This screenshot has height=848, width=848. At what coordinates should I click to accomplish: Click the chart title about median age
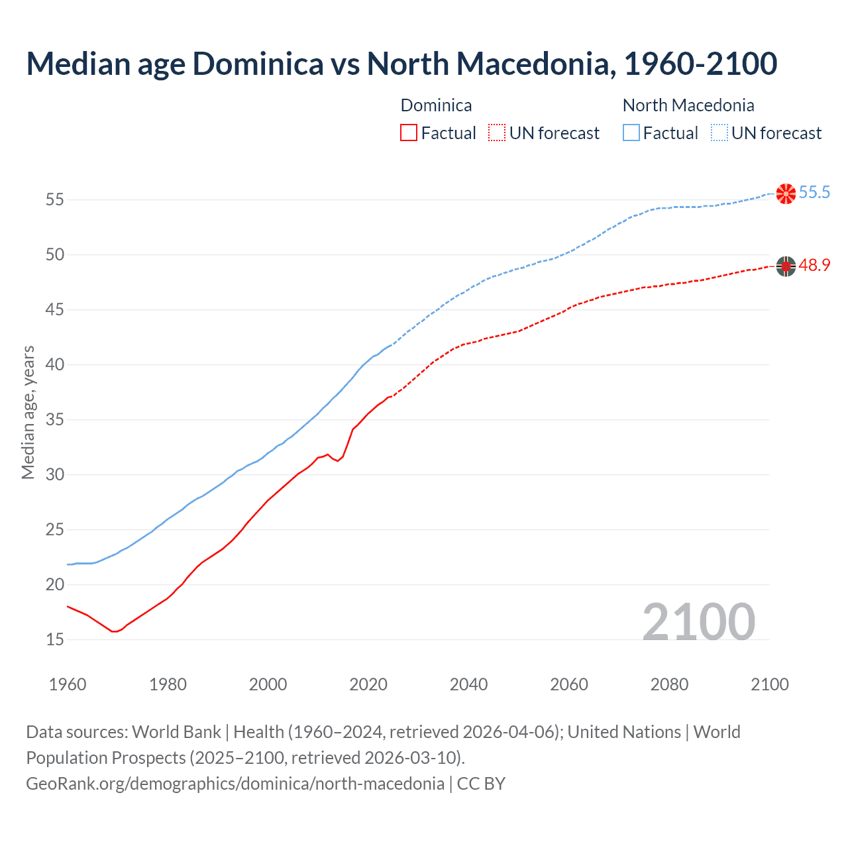tap(401, 64)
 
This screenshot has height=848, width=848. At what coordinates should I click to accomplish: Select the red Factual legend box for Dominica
tap(409, 133)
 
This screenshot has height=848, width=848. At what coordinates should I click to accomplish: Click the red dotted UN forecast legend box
tap(497, 133)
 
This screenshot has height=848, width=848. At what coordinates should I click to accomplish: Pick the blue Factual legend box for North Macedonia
tap(631, 133)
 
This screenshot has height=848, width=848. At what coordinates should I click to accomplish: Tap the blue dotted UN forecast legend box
tap(719, 133)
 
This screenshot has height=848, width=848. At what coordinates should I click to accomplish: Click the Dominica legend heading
tap(436, 105)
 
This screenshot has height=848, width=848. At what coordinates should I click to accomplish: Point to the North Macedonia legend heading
tap(688, 105)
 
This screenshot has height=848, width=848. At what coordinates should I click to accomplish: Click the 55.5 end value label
tap(814, 193)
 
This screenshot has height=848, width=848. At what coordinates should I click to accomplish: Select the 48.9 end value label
tap(814, 266)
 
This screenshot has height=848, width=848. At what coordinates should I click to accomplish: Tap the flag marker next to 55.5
tap(786, 193)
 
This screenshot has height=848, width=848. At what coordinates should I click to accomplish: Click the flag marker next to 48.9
tap(786, 266)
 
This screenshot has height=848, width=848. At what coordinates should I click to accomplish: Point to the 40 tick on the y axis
tap(55, 364)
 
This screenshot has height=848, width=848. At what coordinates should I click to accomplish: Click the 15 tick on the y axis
tap(55, 639)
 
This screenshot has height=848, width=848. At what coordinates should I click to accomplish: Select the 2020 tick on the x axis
tap(368, 684)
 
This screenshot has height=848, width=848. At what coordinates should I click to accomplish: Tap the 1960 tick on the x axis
tap(68, 684)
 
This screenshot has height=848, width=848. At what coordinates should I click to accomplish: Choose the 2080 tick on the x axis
tap(669, 684)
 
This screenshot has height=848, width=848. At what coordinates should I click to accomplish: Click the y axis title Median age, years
tap(28, 412)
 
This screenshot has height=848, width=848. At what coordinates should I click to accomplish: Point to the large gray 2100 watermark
tap(698, 621)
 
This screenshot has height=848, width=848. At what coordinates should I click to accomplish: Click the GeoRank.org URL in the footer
tap(235, 784)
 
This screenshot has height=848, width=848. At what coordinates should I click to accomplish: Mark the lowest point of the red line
tap(114, 631)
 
